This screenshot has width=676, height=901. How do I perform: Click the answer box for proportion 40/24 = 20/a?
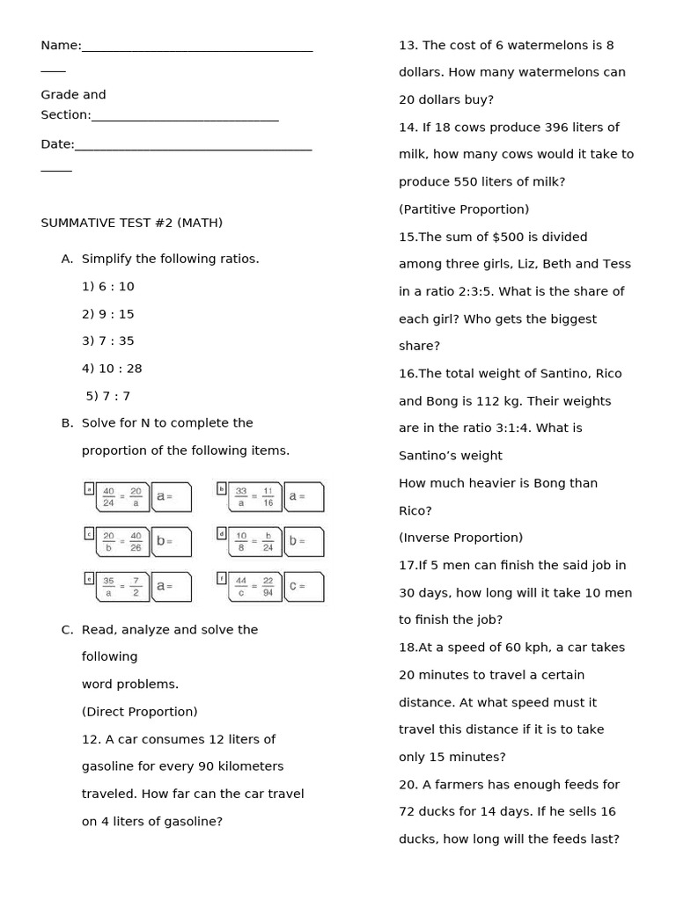[172, 497]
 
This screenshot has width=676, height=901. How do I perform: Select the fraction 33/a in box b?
[240, 497]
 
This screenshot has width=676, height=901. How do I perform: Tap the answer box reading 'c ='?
[304, 587]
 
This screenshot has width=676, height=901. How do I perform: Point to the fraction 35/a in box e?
[108, 587]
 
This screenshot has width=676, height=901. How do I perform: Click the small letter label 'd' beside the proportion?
[222, 532]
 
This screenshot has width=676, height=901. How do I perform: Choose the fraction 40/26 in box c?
[136, 542]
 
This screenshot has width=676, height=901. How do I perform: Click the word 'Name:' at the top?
[61, 46]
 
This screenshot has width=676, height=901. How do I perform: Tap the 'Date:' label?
[57, 144]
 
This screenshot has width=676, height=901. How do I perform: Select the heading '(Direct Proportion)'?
[139, 712]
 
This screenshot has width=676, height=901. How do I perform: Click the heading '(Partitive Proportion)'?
[464, 209]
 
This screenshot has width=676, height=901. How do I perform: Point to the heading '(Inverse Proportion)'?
[460, 538]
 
